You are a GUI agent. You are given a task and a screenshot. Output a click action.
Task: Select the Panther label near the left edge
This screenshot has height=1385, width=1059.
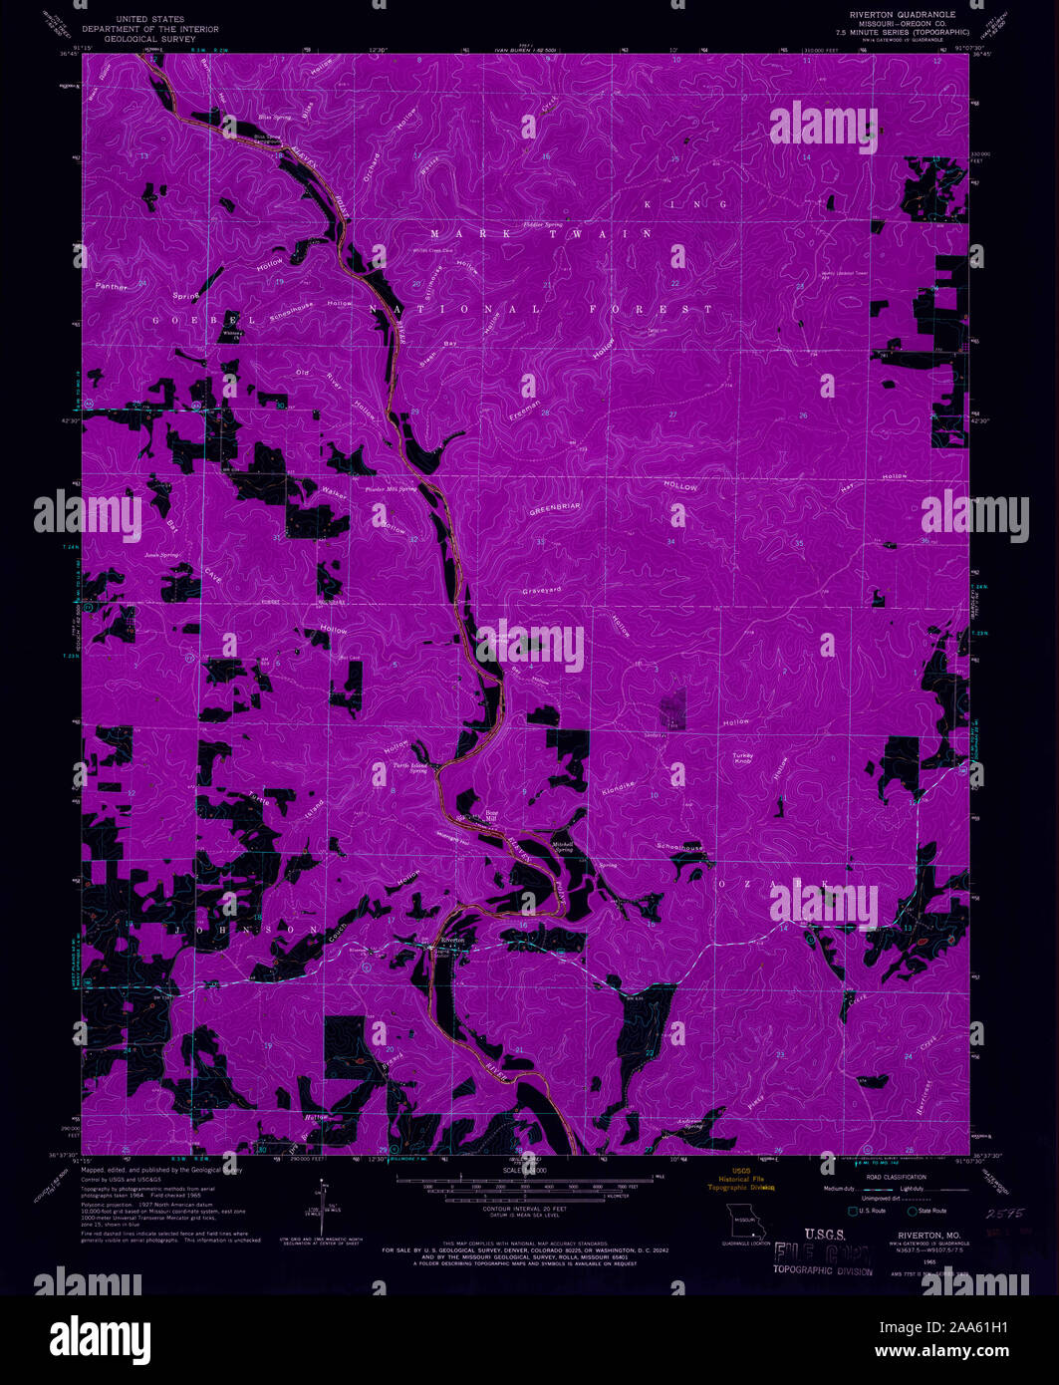112,286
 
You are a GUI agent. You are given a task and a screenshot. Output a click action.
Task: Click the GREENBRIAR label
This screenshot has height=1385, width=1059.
554,507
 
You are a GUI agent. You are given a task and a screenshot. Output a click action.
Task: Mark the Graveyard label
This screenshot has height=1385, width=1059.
542,591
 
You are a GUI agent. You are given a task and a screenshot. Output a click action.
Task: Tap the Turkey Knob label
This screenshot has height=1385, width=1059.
744,758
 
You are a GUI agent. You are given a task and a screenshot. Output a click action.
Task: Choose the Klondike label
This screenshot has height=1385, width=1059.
618,786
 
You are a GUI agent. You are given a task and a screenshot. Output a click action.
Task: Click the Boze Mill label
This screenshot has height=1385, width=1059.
491,815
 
